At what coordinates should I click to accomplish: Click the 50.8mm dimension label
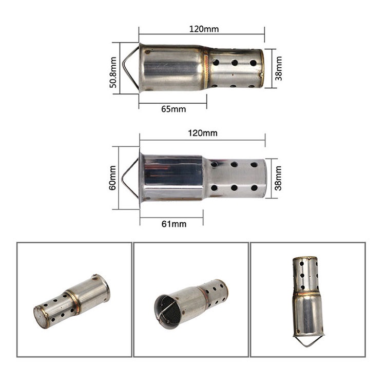(x=113, y=72)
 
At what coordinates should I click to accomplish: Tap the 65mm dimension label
(x=174, y=109)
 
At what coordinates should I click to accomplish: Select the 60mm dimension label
(x=112, y=178)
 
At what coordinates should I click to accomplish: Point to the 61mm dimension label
(x=174, y=224)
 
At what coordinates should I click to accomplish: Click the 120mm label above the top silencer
(x=204, y=29)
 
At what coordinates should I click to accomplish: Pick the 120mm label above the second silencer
(x=203, y=133)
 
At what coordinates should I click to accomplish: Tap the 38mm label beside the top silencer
(x=278, y=68)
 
